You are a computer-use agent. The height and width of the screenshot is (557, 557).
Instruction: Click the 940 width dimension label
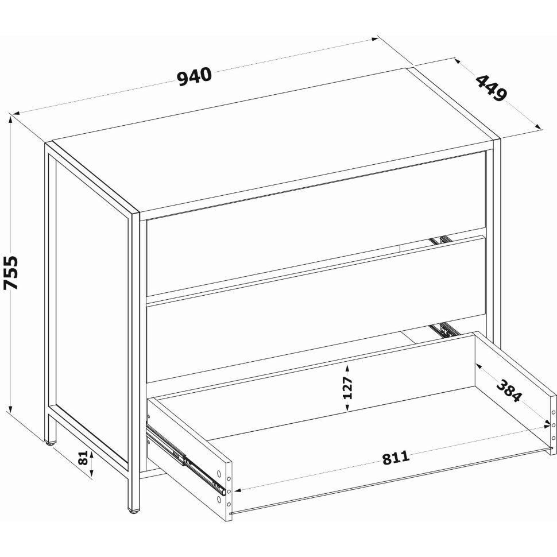click(194, 78)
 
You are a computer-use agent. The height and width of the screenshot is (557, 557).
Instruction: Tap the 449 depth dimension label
click(492, 88)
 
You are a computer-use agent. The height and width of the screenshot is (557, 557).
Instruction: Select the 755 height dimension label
click(11, 272)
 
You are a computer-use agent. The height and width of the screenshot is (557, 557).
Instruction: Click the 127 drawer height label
click(348, 388)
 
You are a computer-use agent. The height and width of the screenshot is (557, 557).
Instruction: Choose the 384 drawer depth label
click(509, 390)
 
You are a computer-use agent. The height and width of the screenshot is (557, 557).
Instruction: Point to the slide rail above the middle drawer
click(441, 240)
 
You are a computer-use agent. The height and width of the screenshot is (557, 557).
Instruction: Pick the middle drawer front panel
click(316, 310)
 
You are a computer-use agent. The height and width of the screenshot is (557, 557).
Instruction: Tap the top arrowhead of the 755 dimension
click(11, 119)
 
